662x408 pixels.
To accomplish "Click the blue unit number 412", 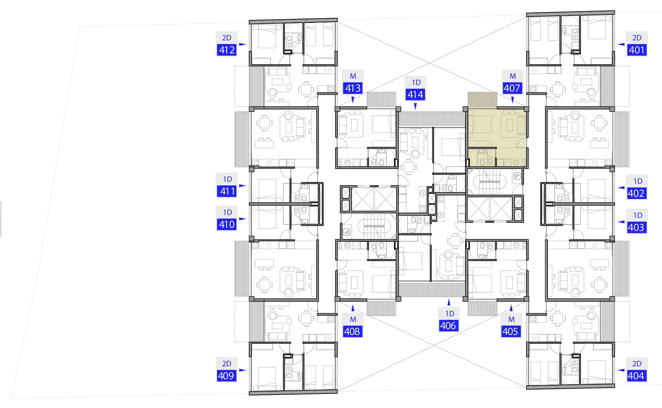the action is pyautogui.click(x=227, y=50).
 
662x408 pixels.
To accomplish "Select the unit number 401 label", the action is pyautogui.click(x=636, y=50).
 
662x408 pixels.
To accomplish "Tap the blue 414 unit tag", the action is pyautogui.click(x=415, y=94).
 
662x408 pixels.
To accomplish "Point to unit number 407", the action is pyautogui.click(x=512, y=88).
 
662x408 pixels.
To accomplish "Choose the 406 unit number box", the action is pyautogui.click(x=448, y=325).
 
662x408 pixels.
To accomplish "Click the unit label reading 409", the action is pyautogui.click(x=226, y=376).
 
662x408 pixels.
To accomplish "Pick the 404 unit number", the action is pyautogui.click(x=636, y=376).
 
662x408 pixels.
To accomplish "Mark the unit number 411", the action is pyautogui.click(x=227, y=191).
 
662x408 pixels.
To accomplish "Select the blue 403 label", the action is pyautogui.click(x=636, y=227).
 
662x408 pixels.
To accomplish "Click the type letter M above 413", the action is pyautogui.click(x=353, y=76).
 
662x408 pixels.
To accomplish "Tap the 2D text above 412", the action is pyautogui.click(x=227, y=38).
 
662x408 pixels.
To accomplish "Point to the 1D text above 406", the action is pyautogui.click(x=450, y=314).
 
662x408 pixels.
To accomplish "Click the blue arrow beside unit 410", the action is pyautogui.click(x=242, y=219).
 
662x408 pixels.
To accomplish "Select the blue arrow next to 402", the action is pyautogui.click(x=621, y=188).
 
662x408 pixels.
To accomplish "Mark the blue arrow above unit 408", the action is pyautogui.click(x=353, y=308).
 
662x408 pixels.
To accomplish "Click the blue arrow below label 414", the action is pyautogui.click(x=415, y=106).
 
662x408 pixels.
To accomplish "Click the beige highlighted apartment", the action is pyautogui.click(x=496, y=138).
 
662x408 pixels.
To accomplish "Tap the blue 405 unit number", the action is pyautogui.click(x=510, y=331).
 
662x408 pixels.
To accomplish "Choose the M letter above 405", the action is pyautogui.click(x=512, y=320).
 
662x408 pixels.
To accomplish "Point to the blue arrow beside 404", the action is pyautogui.click(x=621, y=370).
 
